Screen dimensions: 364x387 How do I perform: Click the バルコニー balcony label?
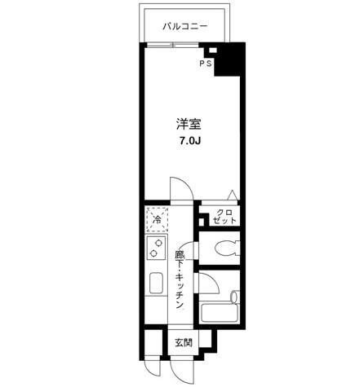pos(185,26)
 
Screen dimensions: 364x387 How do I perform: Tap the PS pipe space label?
pos(206,64)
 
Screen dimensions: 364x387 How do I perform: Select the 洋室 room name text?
pos(189,124)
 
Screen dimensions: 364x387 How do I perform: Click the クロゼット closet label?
pos(224,217)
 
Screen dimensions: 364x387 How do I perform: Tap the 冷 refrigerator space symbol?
pos(157,219)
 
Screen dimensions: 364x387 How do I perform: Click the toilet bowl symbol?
pos(228,248)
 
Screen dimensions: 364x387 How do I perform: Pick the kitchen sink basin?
pos(156,284)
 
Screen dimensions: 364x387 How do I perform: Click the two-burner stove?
pos(156,248)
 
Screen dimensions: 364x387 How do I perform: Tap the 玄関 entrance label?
pos(184,343)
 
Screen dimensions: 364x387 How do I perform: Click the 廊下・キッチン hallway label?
pos(180,279)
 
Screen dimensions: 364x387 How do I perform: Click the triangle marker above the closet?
pos(233,195)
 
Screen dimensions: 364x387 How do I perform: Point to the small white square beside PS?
pos(213,50)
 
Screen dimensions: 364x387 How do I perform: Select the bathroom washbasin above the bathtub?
pos(234,297)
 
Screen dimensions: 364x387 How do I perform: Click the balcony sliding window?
pos(172,45)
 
